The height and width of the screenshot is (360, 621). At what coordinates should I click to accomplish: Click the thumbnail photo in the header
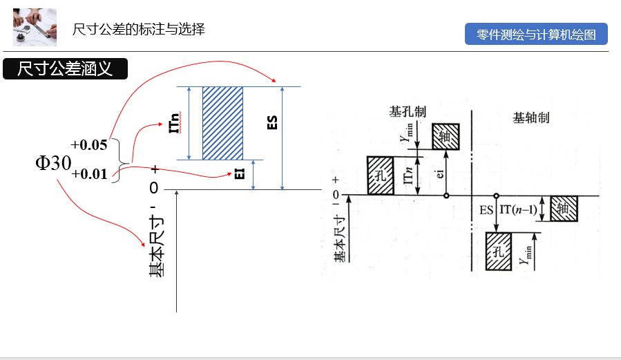point(35,27)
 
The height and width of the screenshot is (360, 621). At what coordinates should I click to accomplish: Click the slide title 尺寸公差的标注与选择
point(139,29)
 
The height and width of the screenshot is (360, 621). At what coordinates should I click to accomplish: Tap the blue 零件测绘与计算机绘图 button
point(536,35)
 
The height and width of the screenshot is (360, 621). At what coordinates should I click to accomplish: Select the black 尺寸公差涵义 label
point(65,68)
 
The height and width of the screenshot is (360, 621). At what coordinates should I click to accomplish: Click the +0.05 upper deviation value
point(89,144)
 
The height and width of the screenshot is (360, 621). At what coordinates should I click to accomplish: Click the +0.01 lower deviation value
point(89,173)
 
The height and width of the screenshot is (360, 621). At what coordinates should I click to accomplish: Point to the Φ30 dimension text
point(53,163)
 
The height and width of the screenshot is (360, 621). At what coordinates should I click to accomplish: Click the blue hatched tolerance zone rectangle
point(222,123)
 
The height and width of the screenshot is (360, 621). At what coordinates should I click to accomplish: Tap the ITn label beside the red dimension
point(175,123)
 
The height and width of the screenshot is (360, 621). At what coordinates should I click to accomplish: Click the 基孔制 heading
point(408,111)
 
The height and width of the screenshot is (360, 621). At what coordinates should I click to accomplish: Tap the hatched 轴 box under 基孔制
point(446,137)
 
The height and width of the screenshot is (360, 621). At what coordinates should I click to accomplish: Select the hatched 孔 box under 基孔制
point(380,175)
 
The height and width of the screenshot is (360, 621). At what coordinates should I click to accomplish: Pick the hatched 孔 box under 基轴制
point(499,249)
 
